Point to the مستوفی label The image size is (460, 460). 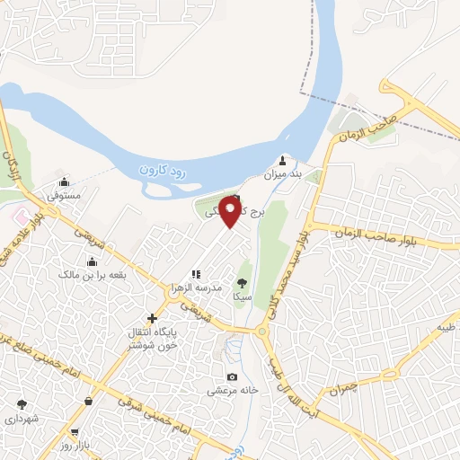pyautogui.click(x=64, y=194)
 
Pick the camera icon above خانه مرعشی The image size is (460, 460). pyautogui.click(x=233, y=377)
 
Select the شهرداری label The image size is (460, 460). pyautogui.click(x=22, y=419)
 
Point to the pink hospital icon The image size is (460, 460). pyautogui.click(x=19, y=217)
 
